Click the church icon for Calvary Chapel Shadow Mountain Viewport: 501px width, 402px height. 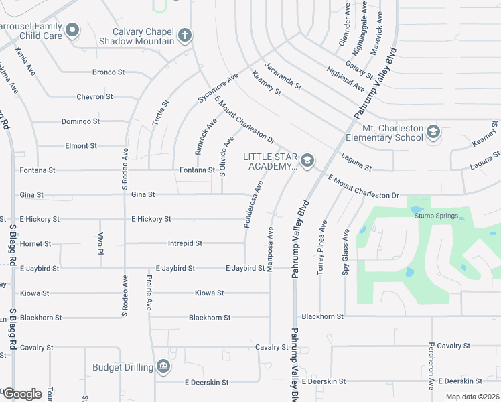[185, 34]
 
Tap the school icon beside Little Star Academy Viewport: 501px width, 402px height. [307, 159]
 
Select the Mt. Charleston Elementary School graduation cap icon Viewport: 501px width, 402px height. [433, 132]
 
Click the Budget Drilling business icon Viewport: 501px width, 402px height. [163, 366]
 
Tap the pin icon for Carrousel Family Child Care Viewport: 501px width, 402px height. [73, 29]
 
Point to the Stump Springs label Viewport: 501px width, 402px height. [436, 216]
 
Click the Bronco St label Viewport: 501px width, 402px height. [109, 72]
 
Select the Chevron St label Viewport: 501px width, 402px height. [94, 96]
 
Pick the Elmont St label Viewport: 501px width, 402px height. [81, 145]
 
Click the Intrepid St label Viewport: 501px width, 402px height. [185, 243]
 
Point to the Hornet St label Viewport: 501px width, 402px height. [35, 243]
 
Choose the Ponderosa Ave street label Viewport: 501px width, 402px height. [253, 204]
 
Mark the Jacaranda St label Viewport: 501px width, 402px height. [283, 76]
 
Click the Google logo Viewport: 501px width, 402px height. [22, 394]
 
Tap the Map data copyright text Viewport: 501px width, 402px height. [472, 397]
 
